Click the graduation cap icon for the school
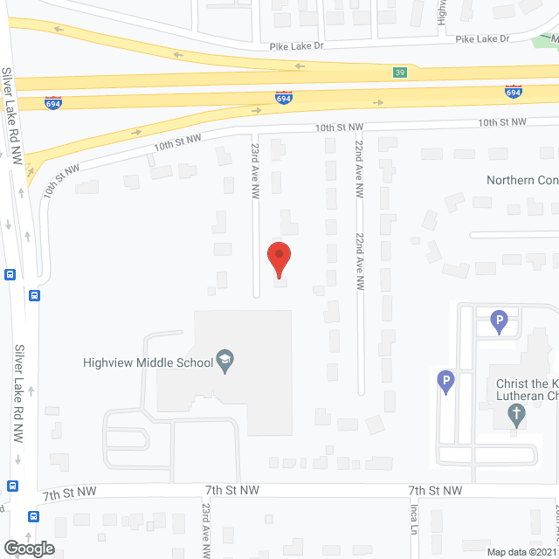[225, 362]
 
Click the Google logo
[28, 548]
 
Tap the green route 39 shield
[398, 72]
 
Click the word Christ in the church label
[514, 383]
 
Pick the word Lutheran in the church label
[525, 396]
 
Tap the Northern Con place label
[521, 181]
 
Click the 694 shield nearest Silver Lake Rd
[53, 101]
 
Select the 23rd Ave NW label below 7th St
[206, 530]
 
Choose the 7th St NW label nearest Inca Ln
[435, 492]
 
